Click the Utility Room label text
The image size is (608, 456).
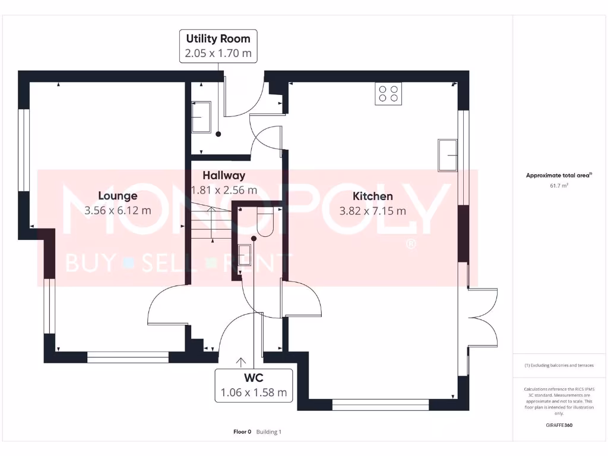(x=218, y=39)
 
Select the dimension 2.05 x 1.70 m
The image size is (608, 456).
(x=218, y=53)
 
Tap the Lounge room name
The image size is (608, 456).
(x=118, y=196)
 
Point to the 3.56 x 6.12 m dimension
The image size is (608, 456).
(x=118, y=210)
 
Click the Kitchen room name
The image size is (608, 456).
(x=372, y=196)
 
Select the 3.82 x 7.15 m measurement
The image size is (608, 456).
(x=372, y=210)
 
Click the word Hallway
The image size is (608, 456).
(x=223, y=176)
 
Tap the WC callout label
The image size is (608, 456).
(x=254, y=378)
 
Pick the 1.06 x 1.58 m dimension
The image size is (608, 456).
(x=254, y=392)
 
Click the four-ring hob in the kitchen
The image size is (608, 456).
(x=388, y=94)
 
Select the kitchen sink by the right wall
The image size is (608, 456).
(x=447, y=156)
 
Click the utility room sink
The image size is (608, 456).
(x=201, y=118)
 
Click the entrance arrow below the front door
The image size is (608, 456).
(x=241, y=361)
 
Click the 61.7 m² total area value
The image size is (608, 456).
(x=559, y=186)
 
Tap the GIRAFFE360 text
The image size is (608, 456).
(x=559, y=425)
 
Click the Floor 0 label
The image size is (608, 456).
(x=242, y=432)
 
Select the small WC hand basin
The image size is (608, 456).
(x=244, y=255)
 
